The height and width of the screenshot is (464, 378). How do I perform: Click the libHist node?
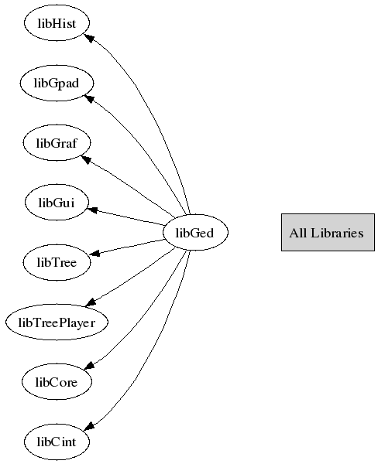point(57,23)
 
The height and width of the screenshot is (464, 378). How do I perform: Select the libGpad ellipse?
point(57,84)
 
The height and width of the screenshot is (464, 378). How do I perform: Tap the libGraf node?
point(57,143)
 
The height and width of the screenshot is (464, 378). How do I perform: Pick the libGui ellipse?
point(57,203)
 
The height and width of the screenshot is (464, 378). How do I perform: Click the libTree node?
point(57,262)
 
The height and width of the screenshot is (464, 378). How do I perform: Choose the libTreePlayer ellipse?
point(57,322)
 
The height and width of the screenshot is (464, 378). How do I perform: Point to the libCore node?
point(57,382)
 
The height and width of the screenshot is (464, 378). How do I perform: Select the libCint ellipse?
point(57,442)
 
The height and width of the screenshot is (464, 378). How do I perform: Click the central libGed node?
point(195,233)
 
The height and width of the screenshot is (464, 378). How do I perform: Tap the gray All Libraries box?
point(328,233)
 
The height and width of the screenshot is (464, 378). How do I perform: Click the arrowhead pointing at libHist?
point(89,38)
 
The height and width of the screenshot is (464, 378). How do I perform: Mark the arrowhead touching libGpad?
point(89,98)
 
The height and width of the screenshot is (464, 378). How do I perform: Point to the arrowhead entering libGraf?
point(86,159)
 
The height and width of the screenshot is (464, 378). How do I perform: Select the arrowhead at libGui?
point(92,210)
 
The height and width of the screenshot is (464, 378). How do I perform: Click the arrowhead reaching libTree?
point(94,254)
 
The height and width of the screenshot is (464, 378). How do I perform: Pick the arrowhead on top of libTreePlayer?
point(91,302)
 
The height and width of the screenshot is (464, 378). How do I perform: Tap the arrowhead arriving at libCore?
point(89,366)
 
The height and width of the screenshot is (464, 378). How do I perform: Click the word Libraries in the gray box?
point(337,234)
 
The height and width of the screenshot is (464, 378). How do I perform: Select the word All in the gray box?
point(298,234)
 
